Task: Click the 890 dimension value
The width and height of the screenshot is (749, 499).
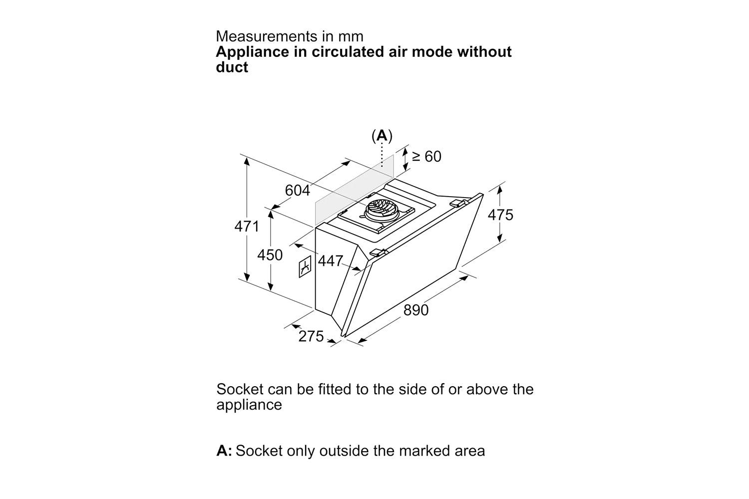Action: pyautogui.click(x=416, y=310)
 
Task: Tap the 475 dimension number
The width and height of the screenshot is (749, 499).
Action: pyautogui.click(x=500, y=215)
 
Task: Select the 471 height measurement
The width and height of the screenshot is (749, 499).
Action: pyautogui.click(x=247, y=227)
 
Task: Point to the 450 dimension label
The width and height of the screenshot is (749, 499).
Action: pyautogui.click(x=270, y=255)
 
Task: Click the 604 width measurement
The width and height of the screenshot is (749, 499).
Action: pyautogui.click(x=298, y=191)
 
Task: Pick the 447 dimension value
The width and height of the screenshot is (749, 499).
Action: pyautogui.click(x=331, y=260)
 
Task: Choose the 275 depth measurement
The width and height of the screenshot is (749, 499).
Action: pyautogui.click(x=311, y=337)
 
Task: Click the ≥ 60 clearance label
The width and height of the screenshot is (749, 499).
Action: pyautogui.click(x=427, y=157)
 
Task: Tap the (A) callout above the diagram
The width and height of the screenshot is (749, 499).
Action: pyautogui.click(x=382, y=135)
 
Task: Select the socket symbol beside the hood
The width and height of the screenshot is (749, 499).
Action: pyautogui.click(x=305, y=267)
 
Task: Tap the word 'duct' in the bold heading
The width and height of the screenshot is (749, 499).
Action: pyautogui.click(x=232, y=67)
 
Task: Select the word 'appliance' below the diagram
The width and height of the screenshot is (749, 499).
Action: pyautogui.click(x=249, y=405)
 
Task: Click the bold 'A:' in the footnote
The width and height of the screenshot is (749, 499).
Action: pyautogui.click(x=224, y=451)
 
